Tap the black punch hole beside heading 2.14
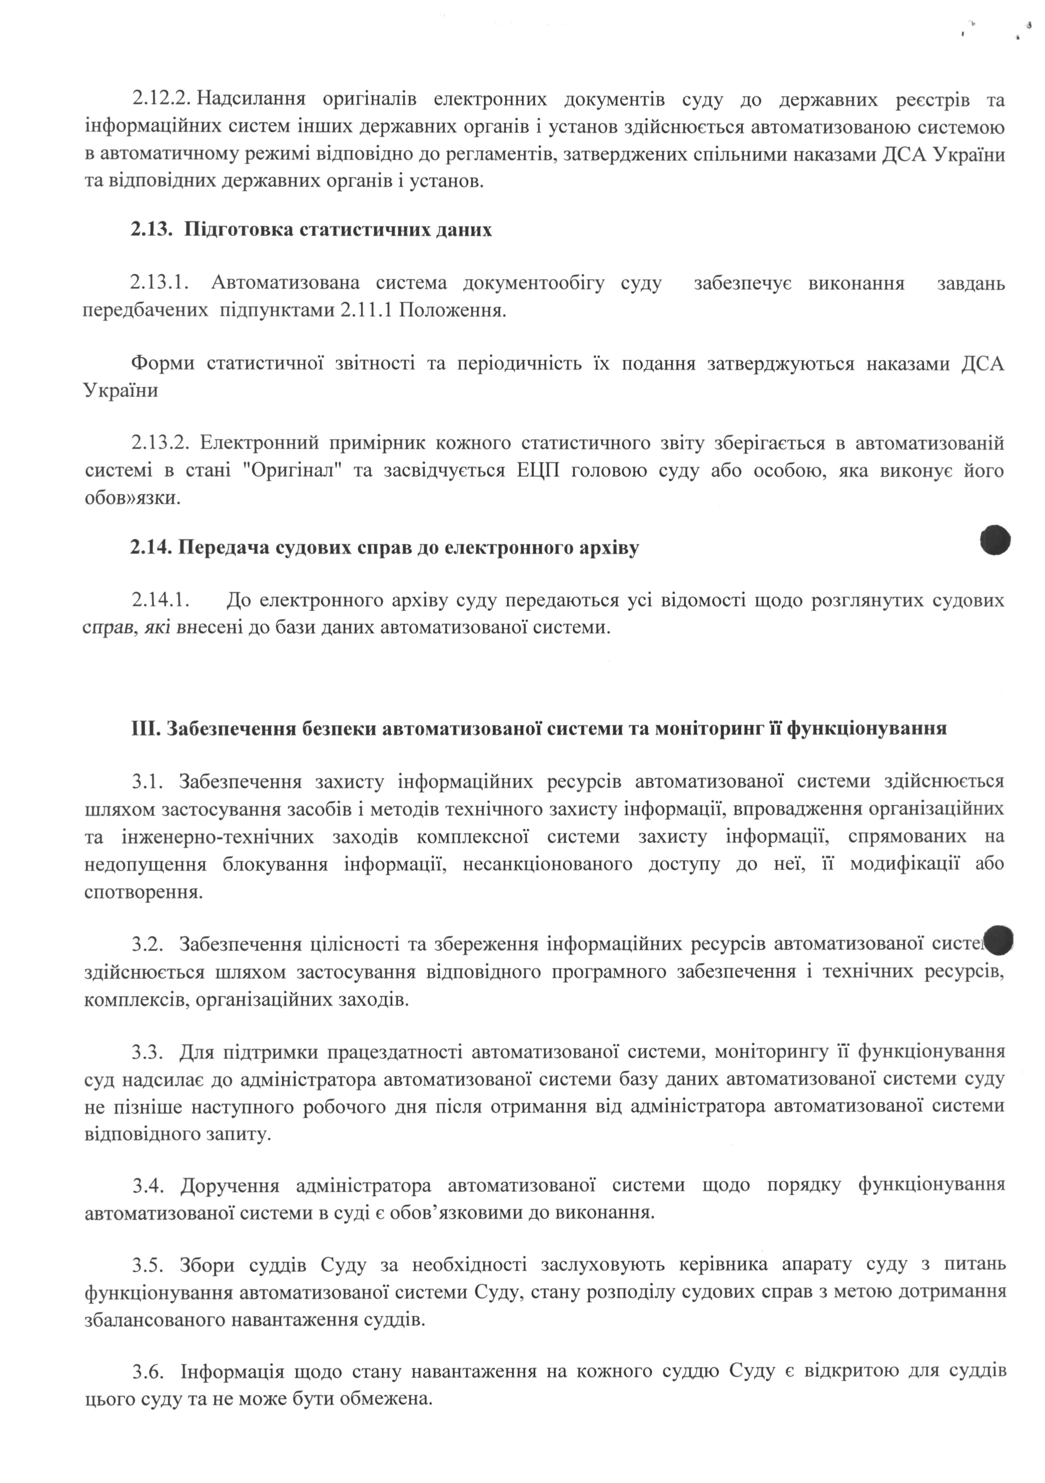(995, 540)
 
